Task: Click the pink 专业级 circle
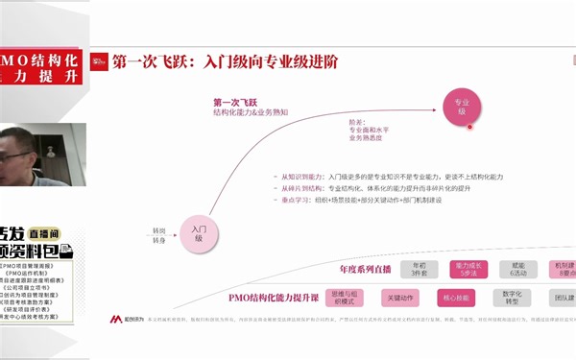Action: point(461,107)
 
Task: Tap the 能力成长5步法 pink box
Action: point(473,268)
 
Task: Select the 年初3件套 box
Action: point(419,268)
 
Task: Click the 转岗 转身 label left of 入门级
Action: point(158,234)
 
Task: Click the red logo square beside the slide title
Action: point(98,62)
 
